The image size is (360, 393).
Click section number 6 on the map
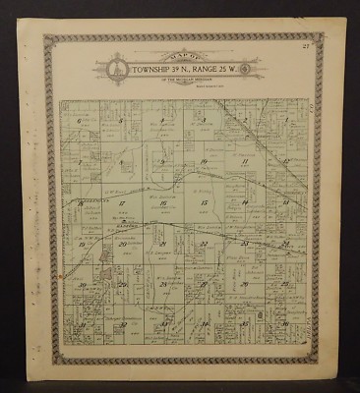(78, 121)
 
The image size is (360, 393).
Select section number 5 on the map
(119, 121)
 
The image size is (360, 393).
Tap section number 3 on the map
(203, 121)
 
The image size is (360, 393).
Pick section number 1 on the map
(285, 121)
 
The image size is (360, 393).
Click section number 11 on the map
(244, 161)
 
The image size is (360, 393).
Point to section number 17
(120, 203)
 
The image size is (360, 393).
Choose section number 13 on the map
(285, 203)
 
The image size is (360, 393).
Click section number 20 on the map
(120, 244)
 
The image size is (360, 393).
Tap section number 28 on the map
(161, 285)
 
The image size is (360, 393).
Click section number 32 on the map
(120, 324)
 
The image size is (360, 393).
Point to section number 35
(244, 324)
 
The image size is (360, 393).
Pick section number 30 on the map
(79, 285)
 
